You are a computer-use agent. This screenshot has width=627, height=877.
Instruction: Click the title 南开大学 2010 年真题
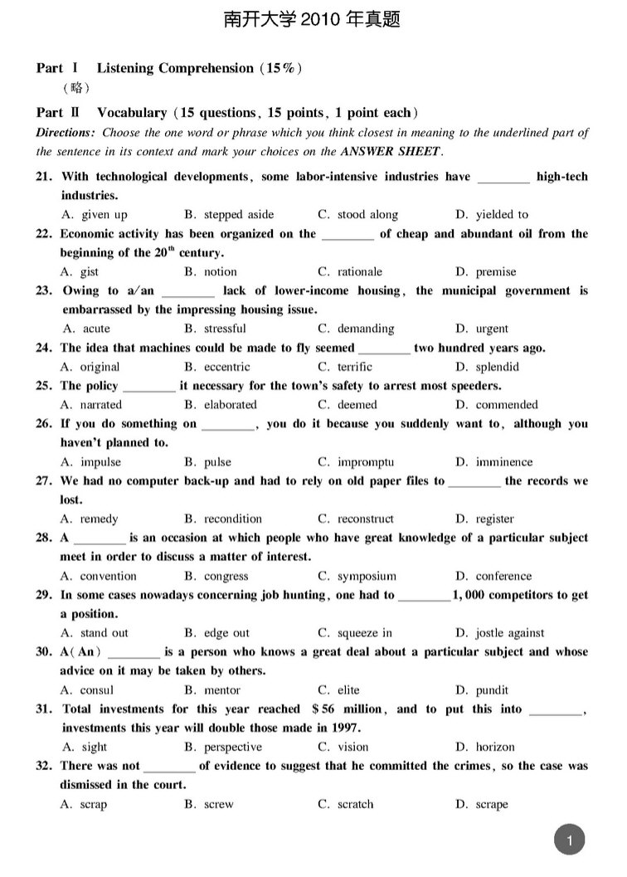313,20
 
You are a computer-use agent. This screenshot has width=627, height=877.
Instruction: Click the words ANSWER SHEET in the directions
391,152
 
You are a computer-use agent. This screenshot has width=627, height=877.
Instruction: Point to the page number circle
569,840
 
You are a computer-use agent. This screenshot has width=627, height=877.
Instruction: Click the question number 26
45,424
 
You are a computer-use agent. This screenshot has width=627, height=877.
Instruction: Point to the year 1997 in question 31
345,728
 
